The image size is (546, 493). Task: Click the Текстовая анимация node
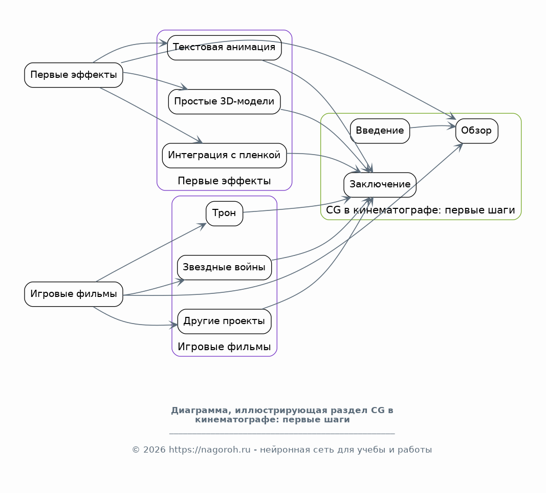click(x=224, y=48)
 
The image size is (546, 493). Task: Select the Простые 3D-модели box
click(x=224, y=102)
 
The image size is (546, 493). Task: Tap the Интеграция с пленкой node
click(x=224, y=156)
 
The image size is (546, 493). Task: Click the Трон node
click(x=224, y=213)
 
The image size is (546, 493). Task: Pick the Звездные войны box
click(x=224, y=268)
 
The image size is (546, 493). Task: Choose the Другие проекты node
click(x=224, y=321)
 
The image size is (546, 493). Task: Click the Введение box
click(x=380, y=131)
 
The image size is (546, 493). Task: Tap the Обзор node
click(x=477, y=131)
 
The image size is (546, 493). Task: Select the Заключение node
click(x=380, y=185)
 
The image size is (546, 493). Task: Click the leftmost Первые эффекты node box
click(x=74, y=75)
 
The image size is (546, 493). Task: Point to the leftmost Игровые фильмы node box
click(x=74, y=294)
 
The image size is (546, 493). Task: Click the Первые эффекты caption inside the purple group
click(x=224, y=181)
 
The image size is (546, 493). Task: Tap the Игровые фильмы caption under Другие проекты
click(x=224, y=347)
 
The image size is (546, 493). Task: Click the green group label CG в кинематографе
click(x=420, y=210)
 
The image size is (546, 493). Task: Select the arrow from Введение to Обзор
click(x=433, y=126)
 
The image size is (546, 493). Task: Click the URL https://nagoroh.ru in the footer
click(x=210, y=450)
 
